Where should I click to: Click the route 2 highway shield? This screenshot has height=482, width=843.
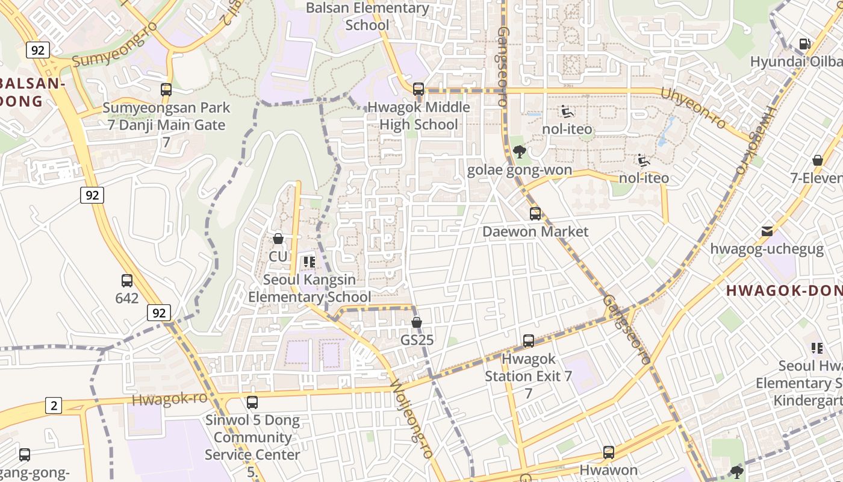pyautogui.click(x=54, y=405)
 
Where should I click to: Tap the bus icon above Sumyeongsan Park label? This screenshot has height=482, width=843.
pyautogui.click(x=166, y=90)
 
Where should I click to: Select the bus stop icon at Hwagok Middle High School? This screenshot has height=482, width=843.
pyautogui.click(x=418, y=89)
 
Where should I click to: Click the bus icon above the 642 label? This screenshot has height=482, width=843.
pyautogui.click(x=127, y=281)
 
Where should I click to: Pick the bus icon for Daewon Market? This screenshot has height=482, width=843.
pyautogui.click(x=535, y=214)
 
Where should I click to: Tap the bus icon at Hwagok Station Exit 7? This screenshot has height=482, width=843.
pyautogui.click(x=529, y=341)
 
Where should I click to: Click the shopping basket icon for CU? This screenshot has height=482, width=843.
pyautogui.click(x=278, y=239)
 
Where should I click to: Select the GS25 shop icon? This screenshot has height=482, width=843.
pyautogui.click(x=416, y=322)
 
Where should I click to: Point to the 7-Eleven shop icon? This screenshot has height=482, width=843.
pyautogui.click(x=818, y=160)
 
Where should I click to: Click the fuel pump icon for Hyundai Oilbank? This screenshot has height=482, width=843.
pyautogui.click(x=804, y=44)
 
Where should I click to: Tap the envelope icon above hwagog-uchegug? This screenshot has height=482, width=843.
pyautogui.click(x=767, y=231)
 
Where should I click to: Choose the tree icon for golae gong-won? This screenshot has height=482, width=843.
pyautogui.click(x=519, y=152)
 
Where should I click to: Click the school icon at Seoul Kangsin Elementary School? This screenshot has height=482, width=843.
pyautogui.click(x=310, y=262)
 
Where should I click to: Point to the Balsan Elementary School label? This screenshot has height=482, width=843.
pyautogui.click(x=367, y=16)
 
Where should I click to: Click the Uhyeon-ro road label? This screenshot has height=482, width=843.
pyautogui.click(x=694, y=107)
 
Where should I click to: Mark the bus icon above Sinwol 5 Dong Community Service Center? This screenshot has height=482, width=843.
pyautogui.click(x=252, y=402)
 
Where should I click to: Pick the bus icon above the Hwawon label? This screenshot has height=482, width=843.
pyautogui.click(x=609, y=452)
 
